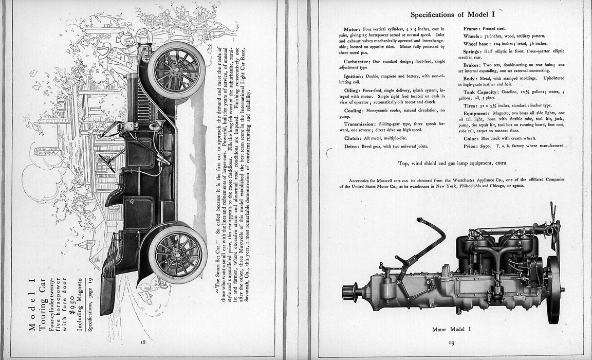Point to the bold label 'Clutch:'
(x=353, y=138)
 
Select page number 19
(x=452, y=343)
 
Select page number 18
(x=142, y=341)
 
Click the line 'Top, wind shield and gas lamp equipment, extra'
(x=452, y=163)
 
